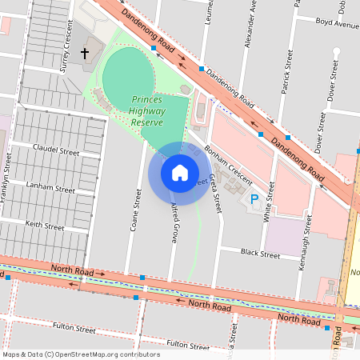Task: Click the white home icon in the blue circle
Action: click(180, 173)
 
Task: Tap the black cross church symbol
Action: click(86, 54)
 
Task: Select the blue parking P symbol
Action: click(255, 198)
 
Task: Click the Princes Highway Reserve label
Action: click(158, 110)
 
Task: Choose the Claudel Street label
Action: click(56, 150)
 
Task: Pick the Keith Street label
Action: click(44, 226)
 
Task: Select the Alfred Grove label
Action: click(173, 223)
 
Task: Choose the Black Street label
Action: click(260, 255)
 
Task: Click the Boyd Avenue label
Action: click(337, 23)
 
